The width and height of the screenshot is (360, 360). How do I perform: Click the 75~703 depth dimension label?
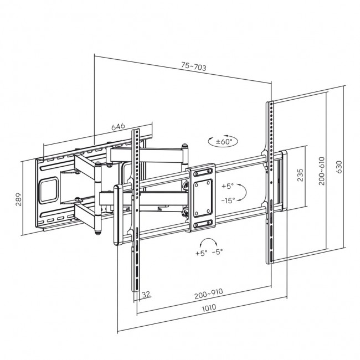(193, 68)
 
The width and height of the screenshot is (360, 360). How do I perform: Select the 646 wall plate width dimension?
(118, 127)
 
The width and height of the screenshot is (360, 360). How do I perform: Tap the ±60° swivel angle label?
(223, 142)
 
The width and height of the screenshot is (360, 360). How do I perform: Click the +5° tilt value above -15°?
(228, 186)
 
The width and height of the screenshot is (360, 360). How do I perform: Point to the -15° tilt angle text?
(228, 199)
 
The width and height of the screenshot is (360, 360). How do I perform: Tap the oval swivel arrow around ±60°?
(222, 142)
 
